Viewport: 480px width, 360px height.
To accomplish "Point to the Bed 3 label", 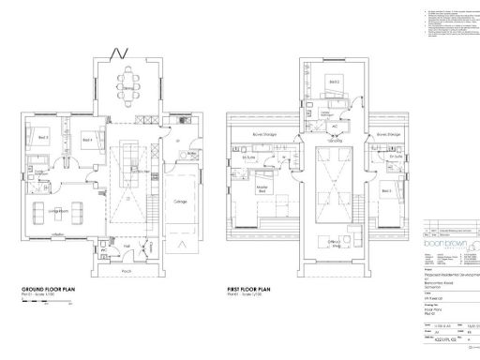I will [x=42, y=137].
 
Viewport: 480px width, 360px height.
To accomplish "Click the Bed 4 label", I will [x=86, y=139].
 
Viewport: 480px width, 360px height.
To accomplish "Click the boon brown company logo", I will [x=447, y=237].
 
